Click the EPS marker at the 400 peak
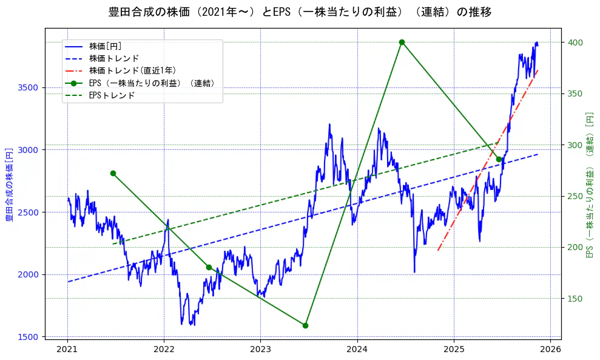pyautogui.click(x=402, y=42)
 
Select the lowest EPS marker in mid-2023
pyautogui.click(x=305, y=325)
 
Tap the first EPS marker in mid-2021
pyautogui.click(x=113, y=173)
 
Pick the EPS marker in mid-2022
pyautogui.click(x=209, y=267)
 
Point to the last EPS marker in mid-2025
pyautogui.click(x=499, y=159)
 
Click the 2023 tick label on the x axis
pyautogui.click(x=260, y=350)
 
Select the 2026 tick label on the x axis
pyautogui.click(x=550, y=350)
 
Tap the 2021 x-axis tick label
pyautogui.click(x=67, y=350)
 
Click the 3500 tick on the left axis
pyautogui.click(x=28, y=87)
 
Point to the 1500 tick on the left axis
pyautogui.click(x=28, y=337)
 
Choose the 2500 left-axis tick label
pyautogui.click(x=28, y=212)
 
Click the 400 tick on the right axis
pyautogui.click(x=575, y=42)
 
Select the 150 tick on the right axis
pyautogui.click(x=575, y=299)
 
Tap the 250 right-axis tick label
pyautogui.click(x=575, y=196)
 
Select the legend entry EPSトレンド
pyautogui.click(x=112, y=95)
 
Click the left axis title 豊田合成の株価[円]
pyautogui.click(x=10, y=183)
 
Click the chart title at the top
pyautogui.click(x=300, y=12)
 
